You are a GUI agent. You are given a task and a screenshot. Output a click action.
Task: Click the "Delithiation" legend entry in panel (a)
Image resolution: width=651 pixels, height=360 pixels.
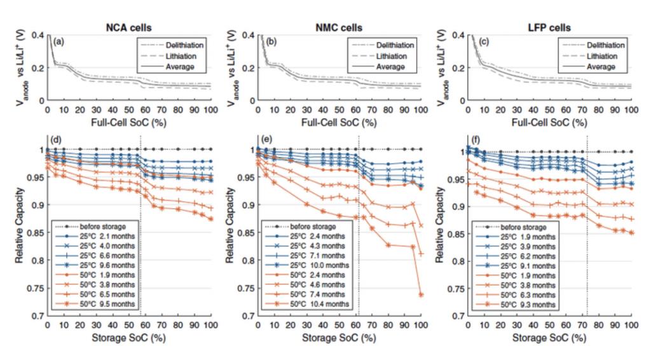(181, 46)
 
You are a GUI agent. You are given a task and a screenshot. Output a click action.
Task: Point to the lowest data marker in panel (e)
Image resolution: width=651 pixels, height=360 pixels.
(420, 294)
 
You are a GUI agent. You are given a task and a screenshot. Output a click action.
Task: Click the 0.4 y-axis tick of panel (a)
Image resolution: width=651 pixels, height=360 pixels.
(38, 35)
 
